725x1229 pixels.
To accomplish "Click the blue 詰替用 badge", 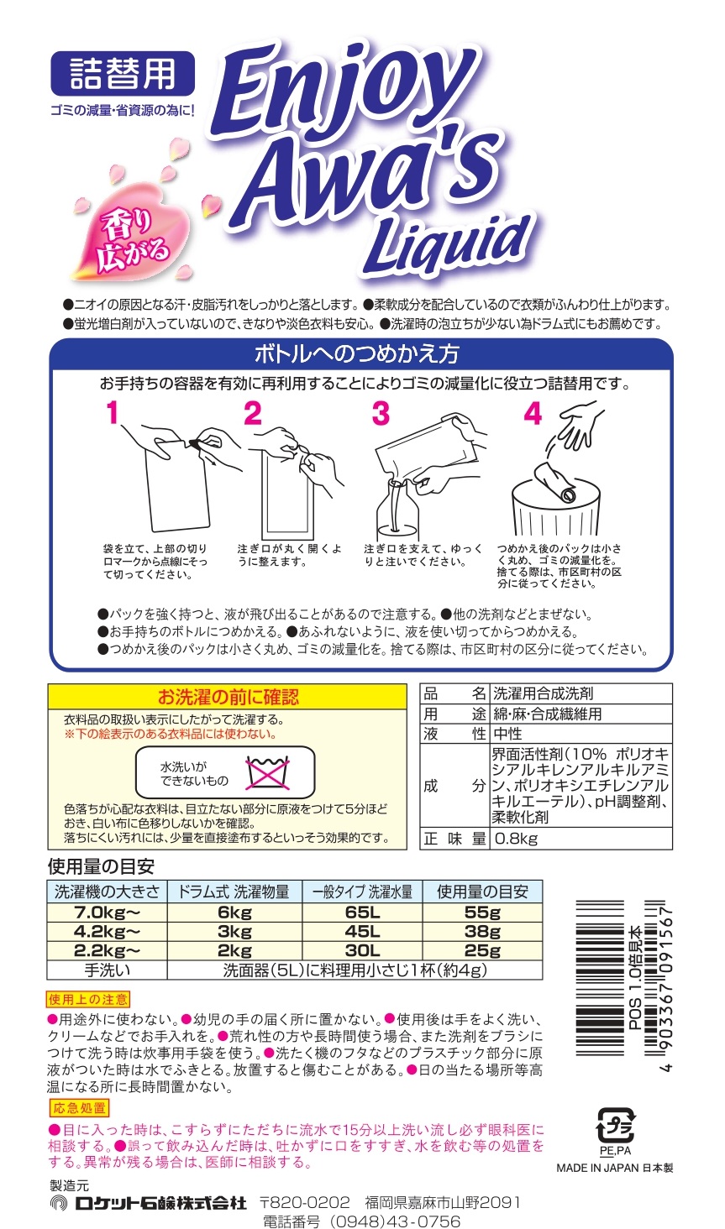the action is (x=123, y=74).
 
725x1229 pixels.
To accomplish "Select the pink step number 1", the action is (x=113, y=412).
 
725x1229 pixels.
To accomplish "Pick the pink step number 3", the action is (x=381, y=412).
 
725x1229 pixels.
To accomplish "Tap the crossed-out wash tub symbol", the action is (x=267, y=772).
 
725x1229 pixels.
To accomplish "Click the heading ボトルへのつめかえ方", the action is (x=357, y=354).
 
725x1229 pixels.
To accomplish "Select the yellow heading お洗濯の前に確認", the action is (x=228, y=697).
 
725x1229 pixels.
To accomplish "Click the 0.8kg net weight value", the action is (x=517, y=839).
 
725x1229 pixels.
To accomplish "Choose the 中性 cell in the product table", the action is (x=508, y=734).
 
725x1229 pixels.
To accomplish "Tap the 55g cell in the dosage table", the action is (x=483, y=913).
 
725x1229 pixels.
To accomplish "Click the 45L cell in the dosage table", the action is (x=363, y=932).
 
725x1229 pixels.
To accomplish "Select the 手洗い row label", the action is (x=107, y=970).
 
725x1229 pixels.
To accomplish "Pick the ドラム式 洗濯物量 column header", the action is (x=234, y=892).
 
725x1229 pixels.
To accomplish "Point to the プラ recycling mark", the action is (x=615, y=1125).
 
